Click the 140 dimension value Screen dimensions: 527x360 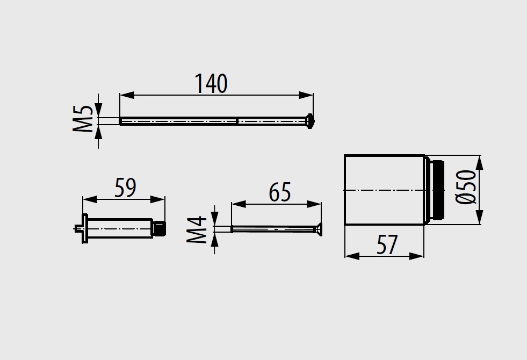pyautogui.click(x=211, y=84)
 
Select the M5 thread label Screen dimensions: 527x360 pyautogui.click(x=83, y=119)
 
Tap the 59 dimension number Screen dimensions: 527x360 pyautogui.click(x=125, y=188)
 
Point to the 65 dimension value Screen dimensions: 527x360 pyautogui.click(x=280, y=192)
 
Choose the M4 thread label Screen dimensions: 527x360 pyautogui.click(x=197, y=229)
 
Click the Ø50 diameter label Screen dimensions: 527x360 pyautogui.click(x=466, y=186)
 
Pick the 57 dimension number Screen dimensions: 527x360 pyautogui.click(x=387, y=244)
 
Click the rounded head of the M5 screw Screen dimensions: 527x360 pyautogui.click(x=309, y=121)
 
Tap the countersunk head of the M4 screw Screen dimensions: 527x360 pyautogui.click(x=318, y=229)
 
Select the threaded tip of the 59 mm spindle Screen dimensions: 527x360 pyautogui.click(x=160, y=228)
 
